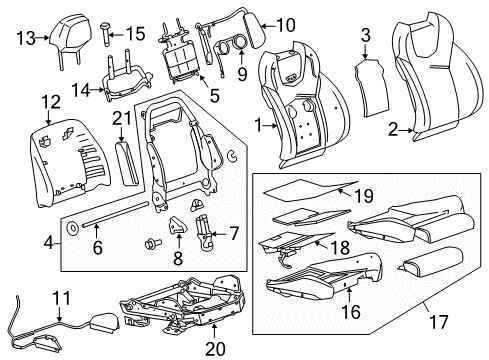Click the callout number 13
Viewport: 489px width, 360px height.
pyautogui.click(x=26, y=38)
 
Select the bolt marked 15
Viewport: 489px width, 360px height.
pyautogui.click(x=105, y=34)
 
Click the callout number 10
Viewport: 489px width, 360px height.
pyautogui.click(x=286, y=25)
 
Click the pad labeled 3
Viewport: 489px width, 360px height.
pyautogui.click(x=372, y=87)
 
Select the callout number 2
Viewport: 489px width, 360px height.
pyautogui.click(x=393, y=130)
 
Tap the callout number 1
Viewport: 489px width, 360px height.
pyautogui.click(x=258, y=126)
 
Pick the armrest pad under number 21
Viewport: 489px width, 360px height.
pyautogui.click(x=126, y=163)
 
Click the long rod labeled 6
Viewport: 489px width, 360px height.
pyautogui.click(x=114, y=214)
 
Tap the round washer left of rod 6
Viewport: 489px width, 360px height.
pyautogui.click(x=72, y=228)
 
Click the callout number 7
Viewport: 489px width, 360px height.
pyautogui.click(x=234, y=233)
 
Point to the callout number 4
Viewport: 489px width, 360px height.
pyautogui.click(x=49, y=243)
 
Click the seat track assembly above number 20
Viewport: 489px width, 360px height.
pyautogui.click(x=183, y=304)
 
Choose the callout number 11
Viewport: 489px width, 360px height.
pyautogui.click(x=62, y=298)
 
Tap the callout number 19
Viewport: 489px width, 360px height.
pyautogui.click(x=364, y=196)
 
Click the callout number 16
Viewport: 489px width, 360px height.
pyautogui.click(x=351, y=312)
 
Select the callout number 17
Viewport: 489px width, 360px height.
pyautogui.click(x=439, y=322)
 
